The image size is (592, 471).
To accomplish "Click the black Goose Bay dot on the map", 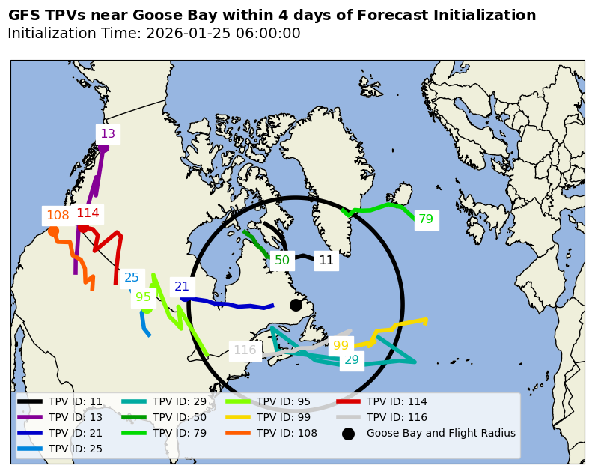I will (296, 305).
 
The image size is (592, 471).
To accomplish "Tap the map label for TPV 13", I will (108, 134).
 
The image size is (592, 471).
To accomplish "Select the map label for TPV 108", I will (58, 216).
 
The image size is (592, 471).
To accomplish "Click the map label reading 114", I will (88, 213).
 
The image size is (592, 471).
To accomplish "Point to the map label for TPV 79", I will (426, 219).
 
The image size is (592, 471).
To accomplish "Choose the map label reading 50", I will (282, 261).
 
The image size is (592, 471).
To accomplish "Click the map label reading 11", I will (326, 261).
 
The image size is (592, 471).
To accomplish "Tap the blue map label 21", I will (182, 286).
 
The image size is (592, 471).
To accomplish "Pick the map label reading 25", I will (132, 277).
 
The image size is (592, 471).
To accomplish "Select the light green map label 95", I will (143, 297).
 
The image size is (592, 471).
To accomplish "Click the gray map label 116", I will (245, 350).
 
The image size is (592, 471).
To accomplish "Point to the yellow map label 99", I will (341, 346).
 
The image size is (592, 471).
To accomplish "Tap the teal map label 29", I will (351, 359).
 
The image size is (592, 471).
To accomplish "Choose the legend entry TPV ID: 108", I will (287, 433).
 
